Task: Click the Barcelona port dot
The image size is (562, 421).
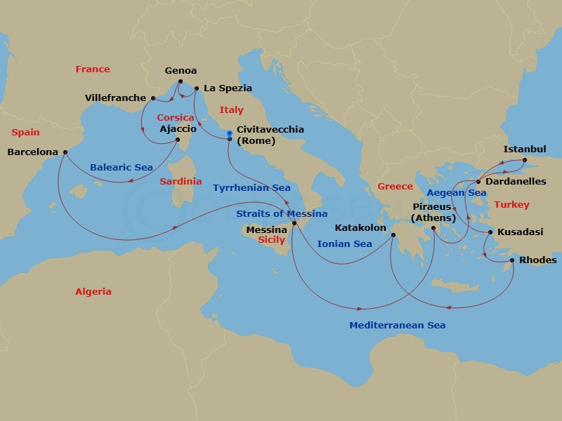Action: point(65,152)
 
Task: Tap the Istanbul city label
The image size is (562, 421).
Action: point(524,149)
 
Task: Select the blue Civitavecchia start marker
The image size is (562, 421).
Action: point(230,132)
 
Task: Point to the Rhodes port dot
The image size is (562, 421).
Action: point(511,261)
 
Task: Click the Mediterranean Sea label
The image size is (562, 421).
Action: point(397,326)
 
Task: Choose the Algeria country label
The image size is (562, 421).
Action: point(93,291)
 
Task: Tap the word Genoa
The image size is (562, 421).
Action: point(181,71)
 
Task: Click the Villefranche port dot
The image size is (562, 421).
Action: point(153,98)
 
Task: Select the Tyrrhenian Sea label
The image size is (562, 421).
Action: point(251,188)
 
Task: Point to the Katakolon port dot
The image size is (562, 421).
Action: point(393,235)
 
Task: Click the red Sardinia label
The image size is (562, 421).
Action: point(181,182)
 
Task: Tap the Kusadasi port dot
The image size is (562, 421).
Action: point(490,232)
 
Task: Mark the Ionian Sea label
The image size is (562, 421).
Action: point(344,244)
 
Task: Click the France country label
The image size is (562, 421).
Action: point(93,69)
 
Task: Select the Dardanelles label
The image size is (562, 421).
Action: point(516,182)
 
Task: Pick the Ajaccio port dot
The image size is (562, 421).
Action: point(178,140)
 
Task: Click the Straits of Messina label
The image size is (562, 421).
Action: point(282,213)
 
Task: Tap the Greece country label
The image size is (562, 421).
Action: point(395,187)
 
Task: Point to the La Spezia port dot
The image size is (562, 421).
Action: point(196,88)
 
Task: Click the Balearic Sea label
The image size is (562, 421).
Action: point(122,168)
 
